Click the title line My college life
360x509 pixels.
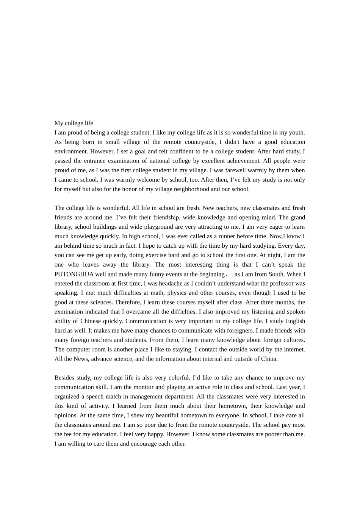pos(74,123)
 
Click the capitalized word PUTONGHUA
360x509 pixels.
pos(74,274)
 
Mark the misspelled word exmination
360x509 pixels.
pos(69,312)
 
